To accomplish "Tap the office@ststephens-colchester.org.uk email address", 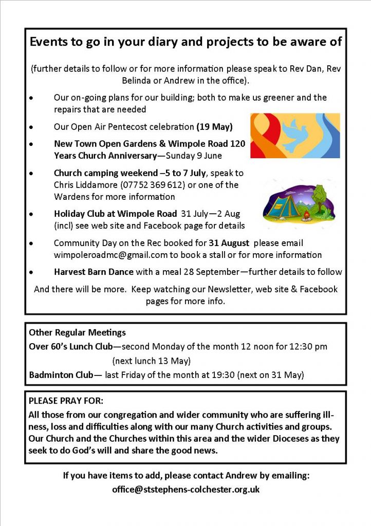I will pos(185,490).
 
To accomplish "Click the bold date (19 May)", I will pos(215,126).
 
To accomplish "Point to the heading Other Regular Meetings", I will pos(77,333).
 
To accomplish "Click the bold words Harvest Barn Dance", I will pos(94,272).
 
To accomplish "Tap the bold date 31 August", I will pos(229,242).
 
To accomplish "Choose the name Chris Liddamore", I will pos(79,185).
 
